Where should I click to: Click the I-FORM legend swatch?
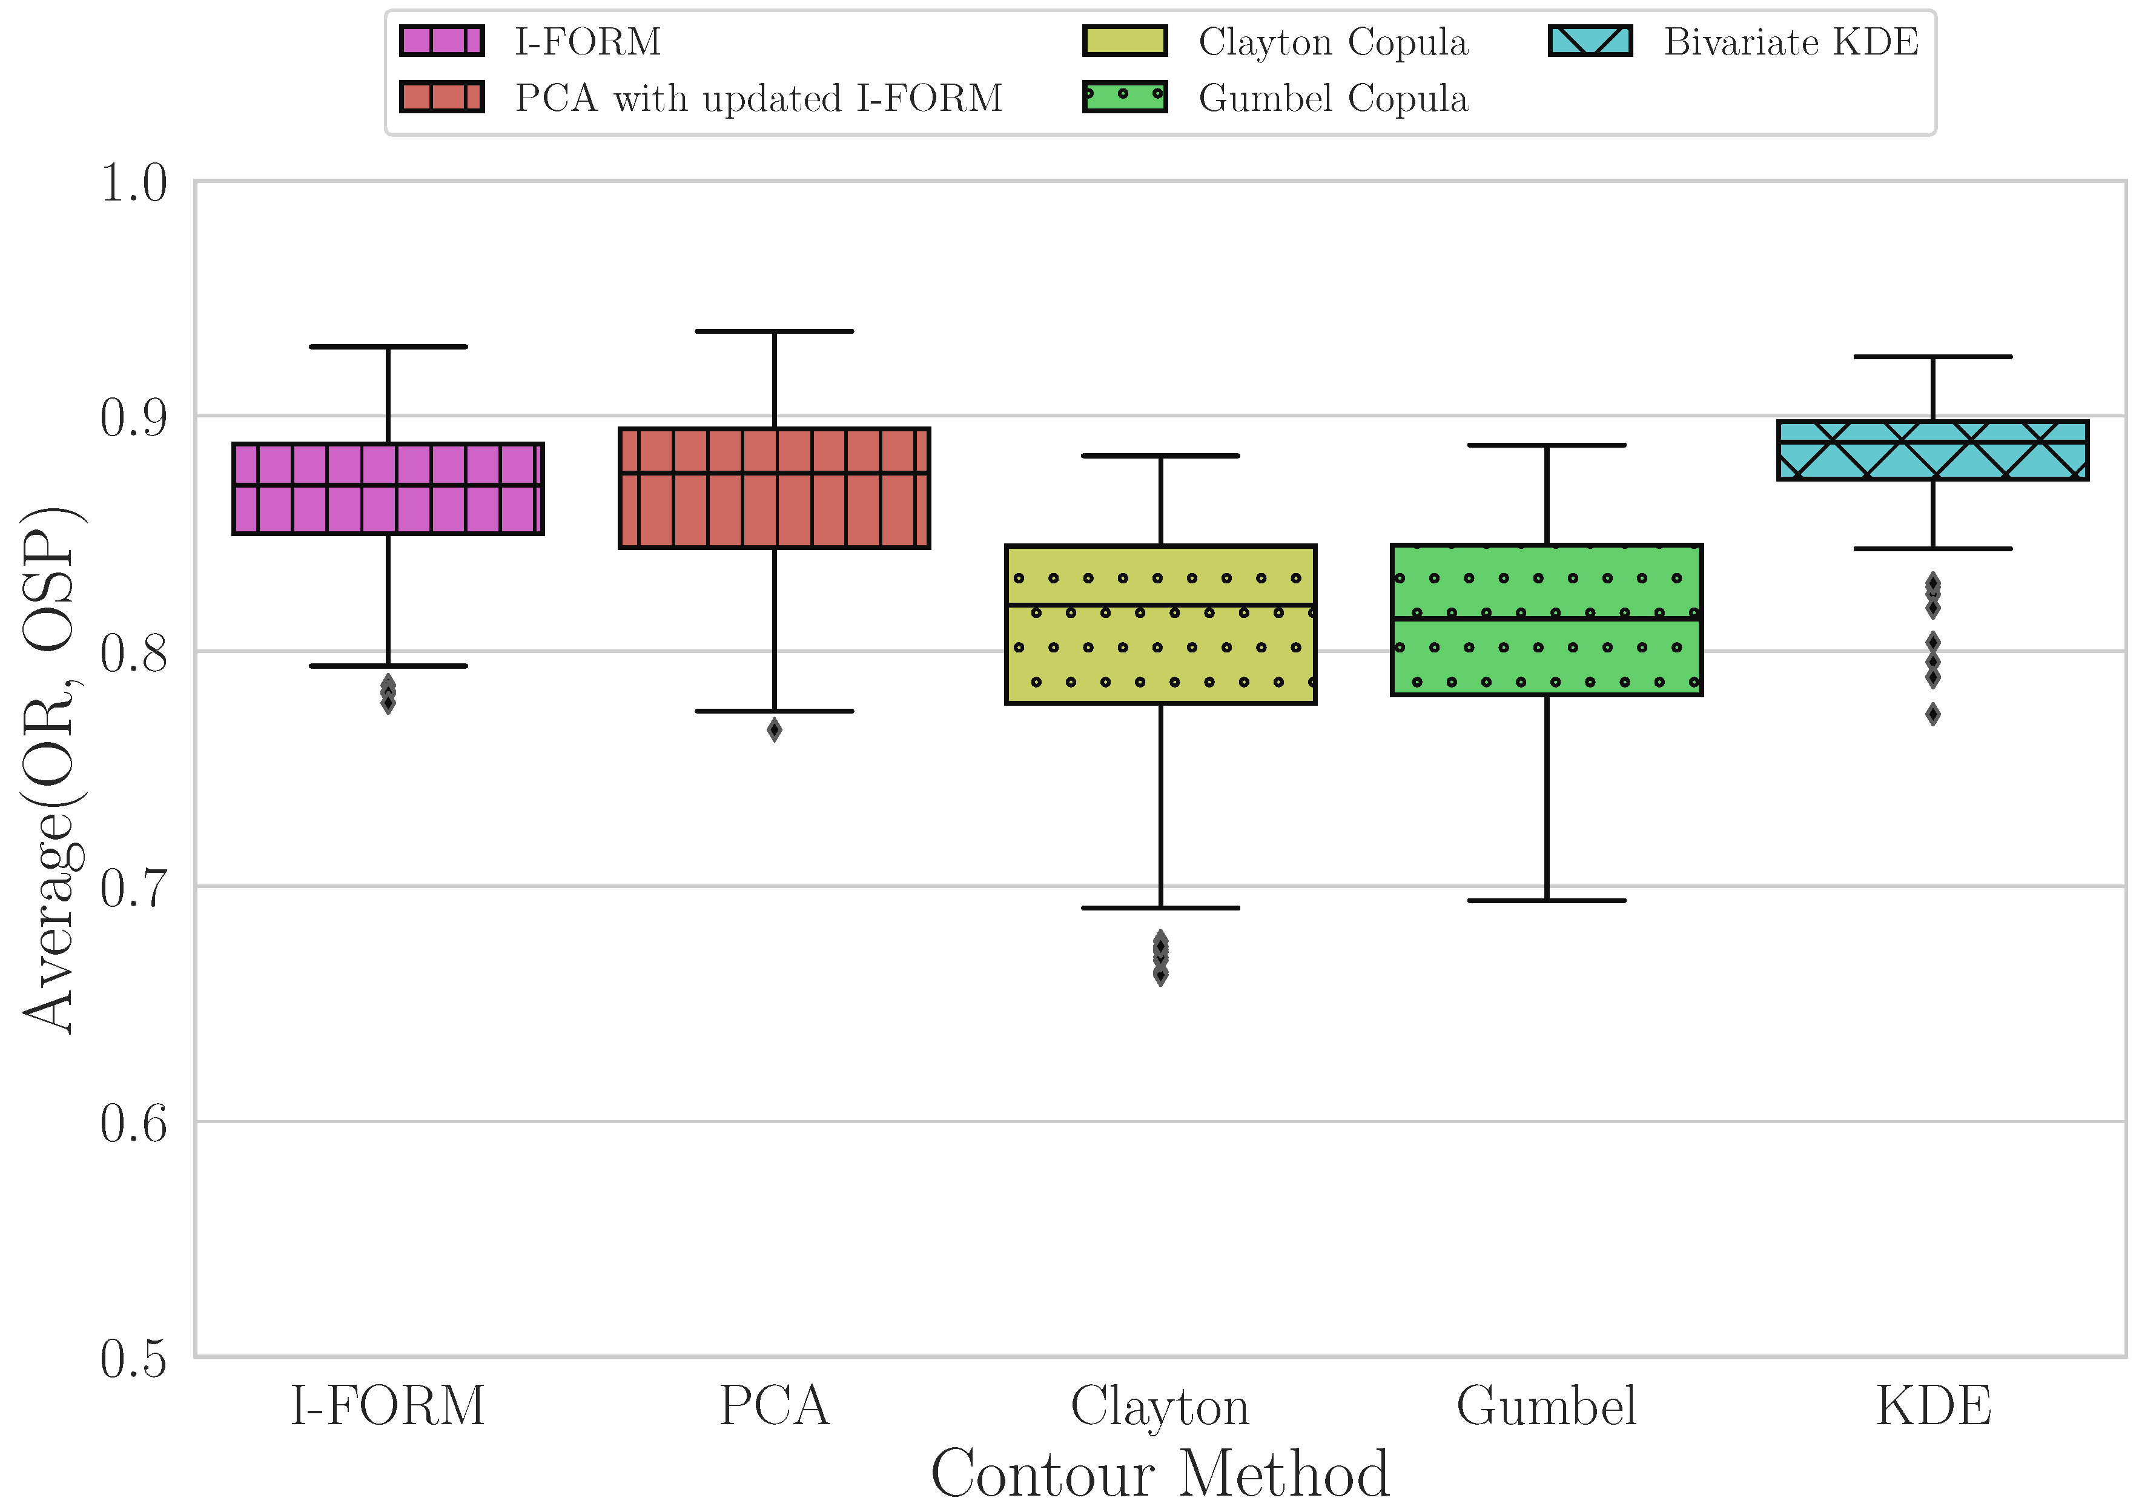coord(441,41)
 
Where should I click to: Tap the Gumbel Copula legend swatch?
coord(1125,97)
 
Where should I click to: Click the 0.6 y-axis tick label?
coord(133,1124)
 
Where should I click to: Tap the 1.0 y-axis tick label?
coord(133,182)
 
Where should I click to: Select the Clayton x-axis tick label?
coord(1160,1407)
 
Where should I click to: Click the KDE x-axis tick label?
coord(1933,1407)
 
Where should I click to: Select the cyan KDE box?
coord(1933,451)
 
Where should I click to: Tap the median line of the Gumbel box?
coord(1547,618)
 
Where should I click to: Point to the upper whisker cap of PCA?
coord(774,331)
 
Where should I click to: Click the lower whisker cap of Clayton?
coord(1160,907)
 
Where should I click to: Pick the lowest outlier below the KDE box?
coord(1933,715)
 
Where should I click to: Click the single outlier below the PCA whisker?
coord(774,731)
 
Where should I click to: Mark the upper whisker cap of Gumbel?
coord(1547,445)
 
